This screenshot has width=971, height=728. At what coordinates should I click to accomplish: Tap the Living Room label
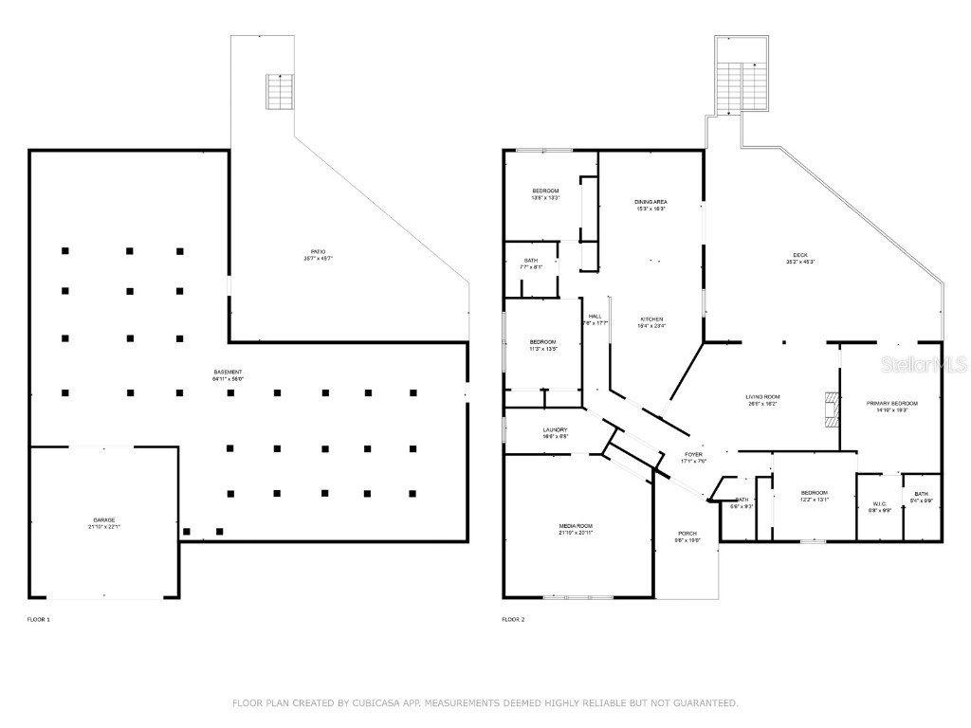pos(761,399)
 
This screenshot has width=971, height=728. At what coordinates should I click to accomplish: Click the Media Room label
pos(576,528)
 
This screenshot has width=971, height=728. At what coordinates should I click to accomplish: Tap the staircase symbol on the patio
pos(280,92)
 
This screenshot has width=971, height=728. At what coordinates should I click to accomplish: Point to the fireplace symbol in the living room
pos(832,408)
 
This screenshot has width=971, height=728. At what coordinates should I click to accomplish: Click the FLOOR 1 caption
pos(39,619)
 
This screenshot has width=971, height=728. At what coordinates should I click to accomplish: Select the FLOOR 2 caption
pos(513,619)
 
